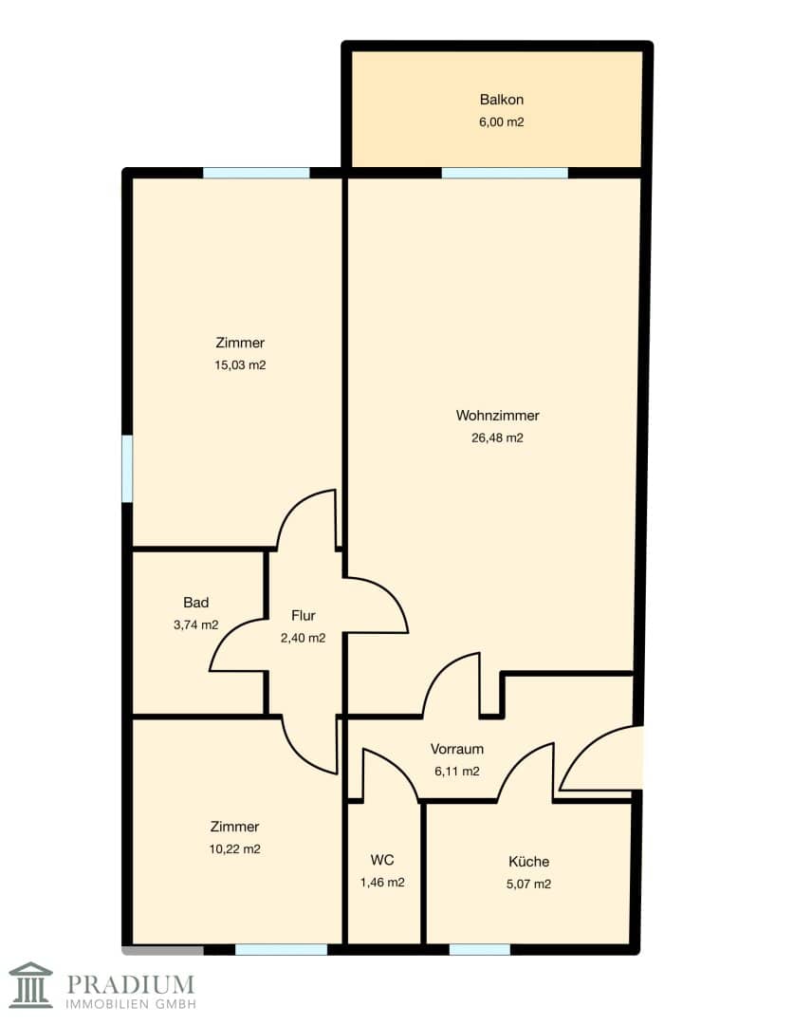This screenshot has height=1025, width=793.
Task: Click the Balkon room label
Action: tap(501, 100)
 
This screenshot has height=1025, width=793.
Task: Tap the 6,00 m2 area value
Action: tap(501, 121)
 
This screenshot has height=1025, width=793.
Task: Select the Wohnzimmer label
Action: tap(497, 415)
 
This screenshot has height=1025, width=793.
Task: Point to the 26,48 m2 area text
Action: tap(497, 438)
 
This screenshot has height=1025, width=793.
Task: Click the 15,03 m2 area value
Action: tap(240, 364)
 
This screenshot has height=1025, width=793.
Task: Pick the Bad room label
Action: tap(196, 602)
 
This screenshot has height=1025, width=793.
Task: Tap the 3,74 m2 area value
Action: tap(196, 624)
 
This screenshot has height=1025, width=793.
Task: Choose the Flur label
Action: tap(304, 615)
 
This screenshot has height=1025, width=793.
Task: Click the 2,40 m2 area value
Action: tap(304, 638)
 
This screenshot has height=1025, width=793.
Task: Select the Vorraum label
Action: tap(456, 749)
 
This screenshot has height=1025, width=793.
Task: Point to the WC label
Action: tap(382, 860)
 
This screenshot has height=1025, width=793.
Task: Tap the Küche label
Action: tap(528, 861)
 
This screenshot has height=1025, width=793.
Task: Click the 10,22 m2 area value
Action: tap(234, 848)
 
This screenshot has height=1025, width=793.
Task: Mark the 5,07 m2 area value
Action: tap(528, 884)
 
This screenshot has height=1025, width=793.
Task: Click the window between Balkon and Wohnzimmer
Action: tap(505, 174)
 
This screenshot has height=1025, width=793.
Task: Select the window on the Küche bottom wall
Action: tap(479, 949)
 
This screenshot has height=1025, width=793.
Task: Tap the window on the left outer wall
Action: tap(127, 469)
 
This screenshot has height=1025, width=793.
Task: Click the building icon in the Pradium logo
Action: tap(30, 984)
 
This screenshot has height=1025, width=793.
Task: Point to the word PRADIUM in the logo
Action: tap(131, 984)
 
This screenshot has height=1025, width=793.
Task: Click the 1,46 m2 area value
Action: tap(382, 882)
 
